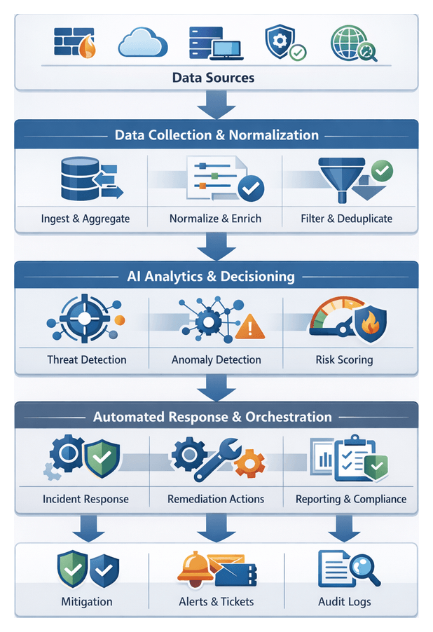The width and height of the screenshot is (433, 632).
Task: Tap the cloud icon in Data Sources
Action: (142, 42)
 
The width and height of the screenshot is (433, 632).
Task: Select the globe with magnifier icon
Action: (352, 43)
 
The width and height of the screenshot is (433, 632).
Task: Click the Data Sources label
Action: (213, 77)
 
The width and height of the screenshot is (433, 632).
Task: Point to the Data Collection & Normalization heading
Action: (216, 135)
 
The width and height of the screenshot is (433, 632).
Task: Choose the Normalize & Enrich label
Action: (215, 219)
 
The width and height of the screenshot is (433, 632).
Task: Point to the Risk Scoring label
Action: (344, 359)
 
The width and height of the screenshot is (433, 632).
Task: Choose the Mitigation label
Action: (86, 601)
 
